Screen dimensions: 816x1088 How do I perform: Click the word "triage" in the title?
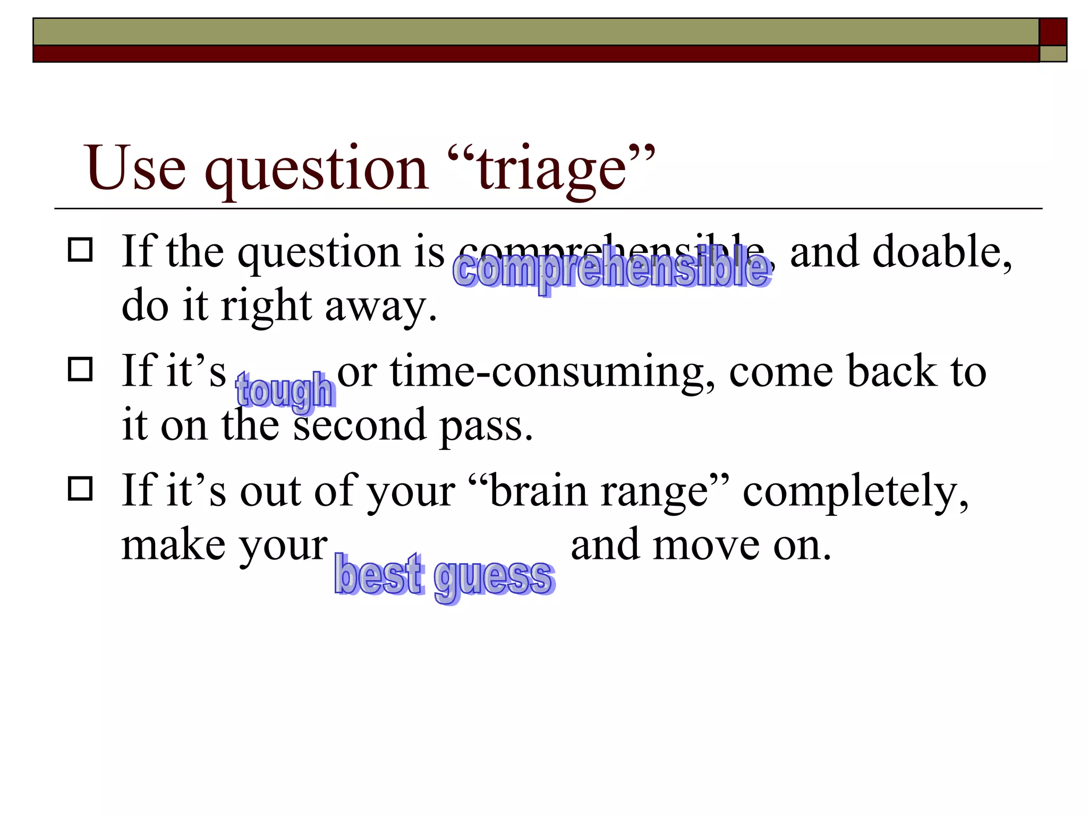click(552, 169)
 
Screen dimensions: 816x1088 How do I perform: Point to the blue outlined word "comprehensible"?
click(611, 269)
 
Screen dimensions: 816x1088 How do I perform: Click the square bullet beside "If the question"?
click(80, 250)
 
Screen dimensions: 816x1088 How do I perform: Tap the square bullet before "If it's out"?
click(80, 489)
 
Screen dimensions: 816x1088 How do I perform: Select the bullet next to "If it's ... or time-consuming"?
click(80, 369)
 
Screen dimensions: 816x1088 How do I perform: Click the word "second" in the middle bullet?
click(360, 425)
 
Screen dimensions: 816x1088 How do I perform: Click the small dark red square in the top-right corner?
click(1053, 32)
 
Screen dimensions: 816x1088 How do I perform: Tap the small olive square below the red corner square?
click(1053, 54)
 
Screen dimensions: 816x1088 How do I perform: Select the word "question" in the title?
click(317, 169)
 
